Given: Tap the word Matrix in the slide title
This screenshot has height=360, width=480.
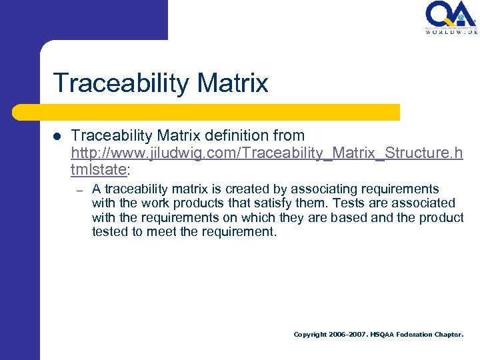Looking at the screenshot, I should [x=234, y=83].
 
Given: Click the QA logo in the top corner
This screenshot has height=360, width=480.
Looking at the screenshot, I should [x=451, y=14].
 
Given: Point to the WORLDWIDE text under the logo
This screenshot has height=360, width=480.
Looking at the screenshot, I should [x=451, y=31].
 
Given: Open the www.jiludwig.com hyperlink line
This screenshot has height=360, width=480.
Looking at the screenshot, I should [x=267, y=153].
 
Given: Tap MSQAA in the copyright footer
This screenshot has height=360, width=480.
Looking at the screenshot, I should [x=382, y=335].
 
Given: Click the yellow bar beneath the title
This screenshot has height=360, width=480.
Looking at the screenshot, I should [x=220, y=112].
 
